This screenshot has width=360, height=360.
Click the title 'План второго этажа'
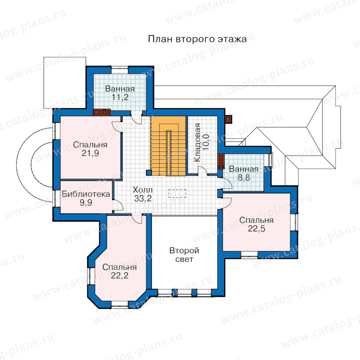[197, 39]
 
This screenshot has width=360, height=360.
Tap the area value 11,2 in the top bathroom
[120, 97]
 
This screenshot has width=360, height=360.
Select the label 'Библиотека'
[86, 194]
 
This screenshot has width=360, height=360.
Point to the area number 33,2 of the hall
[143, 198]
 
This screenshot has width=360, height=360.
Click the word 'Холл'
[142, 190]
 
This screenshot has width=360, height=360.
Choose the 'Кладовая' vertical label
[197, 142]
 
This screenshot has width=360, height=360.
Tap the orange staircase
[168, 146]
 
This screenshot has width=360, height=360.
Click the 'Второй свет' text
[184, 255]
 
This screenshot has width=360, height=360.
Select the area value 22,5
[256, 229]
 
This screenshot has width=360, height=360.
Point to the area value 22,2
[120, 276]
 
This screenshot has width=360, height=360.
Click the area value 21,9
[90, 153]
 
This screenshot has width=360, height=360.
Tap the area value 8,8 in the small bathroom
[244, 178]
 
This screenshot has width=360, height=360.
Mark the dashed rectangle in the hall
[177, 193]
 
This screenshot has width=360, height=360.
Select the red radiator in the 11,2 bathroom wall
[102, 112]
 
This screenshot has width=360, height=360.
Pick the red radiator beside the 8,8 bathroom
[221, 161]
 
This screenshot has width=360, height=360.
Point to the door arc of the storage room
[203, 170]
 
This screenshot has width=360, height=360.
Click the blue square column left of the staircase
[149, 173]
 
